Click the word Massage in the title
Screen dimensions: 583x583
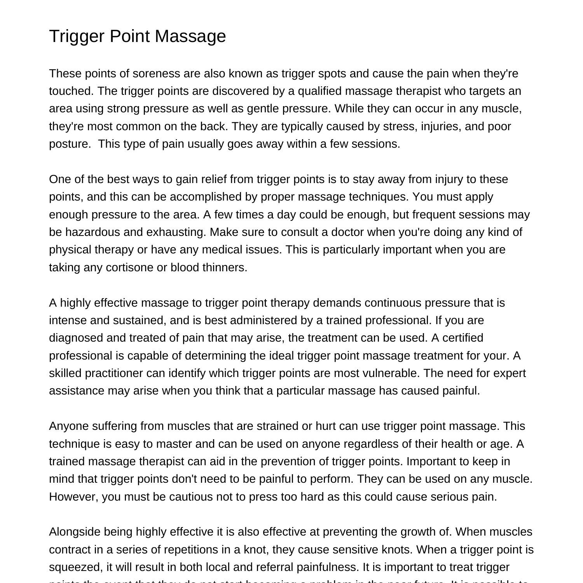190,36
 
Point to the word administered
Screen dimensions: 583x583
263,320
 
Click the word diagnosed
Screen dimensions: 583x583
76,338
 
